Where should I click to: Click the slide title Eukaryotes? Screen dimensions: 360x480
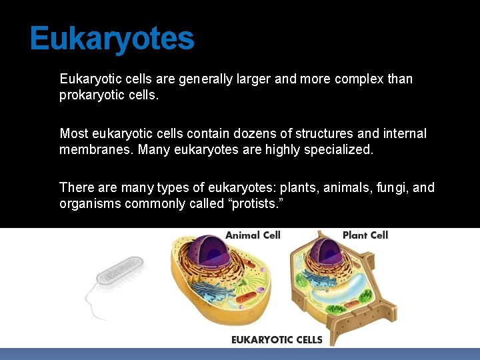[x=112, y=39]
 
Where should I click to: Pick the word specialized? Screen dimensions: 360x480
[x=337, y=150]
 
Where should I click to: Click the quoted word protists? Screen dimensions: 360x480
[x=257, y=204]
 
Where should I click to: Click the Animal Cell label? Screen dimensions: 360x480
[x=253, y=235]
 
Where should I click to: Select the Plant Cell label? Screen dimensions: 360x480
[x=365, y=235]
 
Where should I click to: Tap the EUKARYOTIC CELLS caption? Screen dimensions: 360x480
[x=277, y=339]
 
